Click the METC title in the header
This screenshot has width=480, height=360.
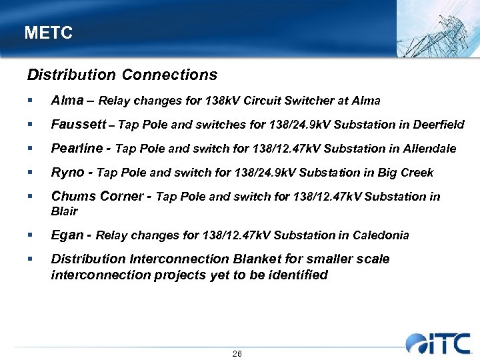(48, 33)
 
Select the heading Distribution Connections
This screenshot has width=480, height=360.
(122, 75)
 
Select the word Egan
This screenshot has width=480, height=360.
(68, 235)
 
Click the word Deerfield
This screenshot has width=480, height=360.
(436, 125)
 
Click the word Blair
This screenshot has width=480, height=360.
(65, 212)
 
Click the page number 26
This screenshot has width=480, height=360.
(237, 354)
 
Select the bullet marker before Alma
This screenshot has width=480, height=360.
(29, 101)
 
